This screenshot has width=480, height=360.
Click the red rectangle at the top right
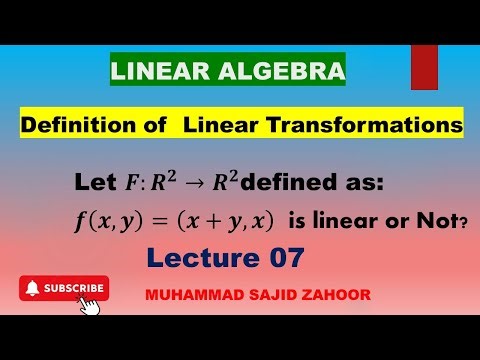click(424, 67)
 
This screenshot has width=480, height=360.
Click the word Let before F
click(93, 184)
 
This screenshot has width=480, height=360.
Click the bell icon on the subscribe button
click(33, 288)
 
